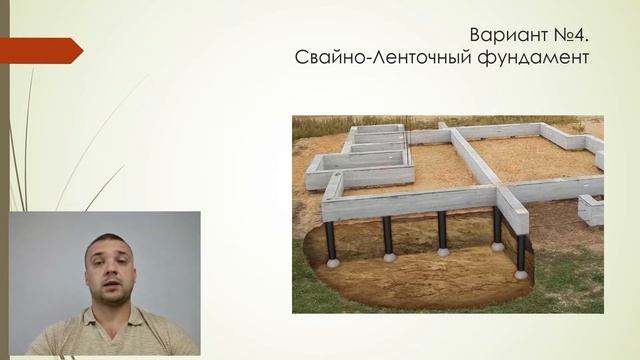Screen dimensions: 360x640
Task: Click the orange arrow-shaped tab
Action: (40, 50)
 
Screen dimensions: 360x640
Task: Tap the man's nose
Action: (108, 269)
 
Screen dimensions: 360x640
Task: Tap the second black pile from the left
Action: (388, 236)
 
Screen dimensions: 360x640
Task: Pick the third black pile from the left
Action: (442, 232)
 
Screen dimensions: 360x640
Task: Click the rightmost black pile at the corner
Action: (520, 251)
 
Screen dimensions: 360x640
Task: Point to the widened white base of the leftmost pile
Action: (333, 263)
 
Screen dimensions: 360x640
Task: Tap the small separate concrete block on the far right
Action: (591, 209)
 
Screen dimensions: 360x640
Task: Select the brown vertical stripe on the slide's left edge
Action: (4, 180)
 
